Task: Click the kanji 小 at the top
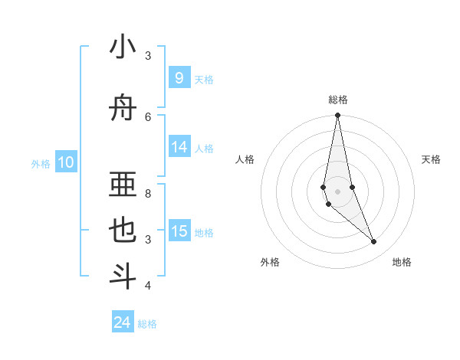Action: click(x=123, y=47)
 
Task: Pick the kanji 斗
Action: click(x=123, y=277)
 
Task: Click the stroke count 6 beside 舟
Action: click(x=148, y=116)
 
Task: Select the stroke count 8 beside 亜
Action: click(x=148, y=184)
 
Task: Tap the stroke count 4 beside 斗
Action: click(x=148, y=286)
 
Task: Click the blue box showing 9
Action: click(x=179, y=78)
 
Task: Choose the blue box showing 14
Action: click(x=179, y=148)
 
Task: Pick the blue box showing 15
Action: click(x=179, y=232)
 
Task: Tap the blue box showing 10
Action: click(x=65, y=162)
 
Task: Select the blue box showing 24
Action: click(x=122, y=322)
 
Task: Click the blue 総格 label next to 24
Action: click(x=147, y=324)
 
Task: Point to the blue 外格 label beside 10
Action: click(x=41, y=163)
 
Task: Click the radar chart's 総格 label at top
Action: click(x=337, y=100)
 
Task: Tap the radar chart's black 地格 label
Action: click(x=402, y=262)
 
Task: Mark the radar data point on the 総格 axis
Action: click(x=337, y=116)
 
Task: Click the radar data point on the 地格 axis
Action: click(x=374, y=242)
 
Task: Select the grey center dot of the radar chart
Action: click(x=337, y=191)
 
